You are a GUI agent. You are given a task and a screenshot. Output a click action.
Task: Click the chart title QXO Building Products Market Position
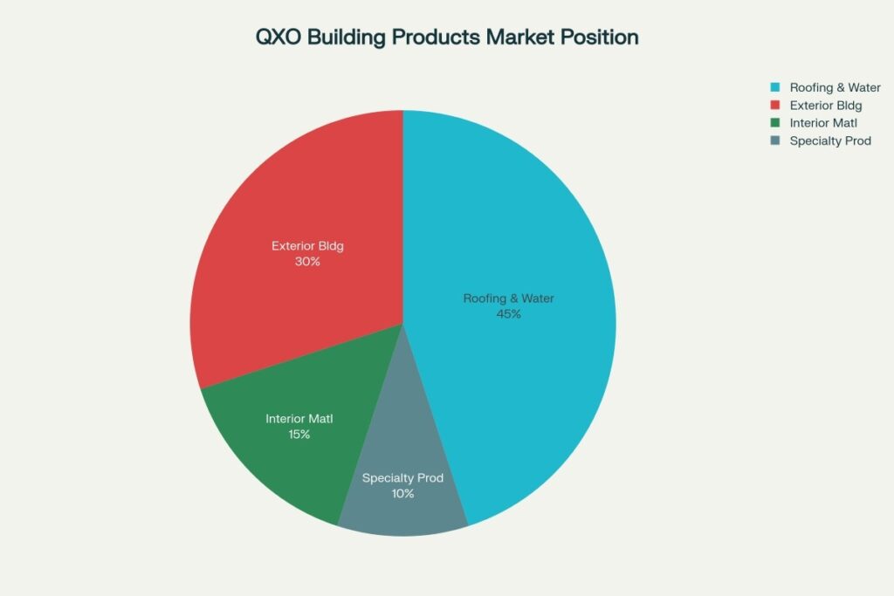tap(446, 38)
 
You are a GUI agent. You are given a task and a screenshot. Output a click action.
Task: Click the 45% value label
tap(508, 314)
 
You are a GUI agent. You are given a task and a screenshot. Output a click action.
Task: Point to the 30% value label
tap(307, 261)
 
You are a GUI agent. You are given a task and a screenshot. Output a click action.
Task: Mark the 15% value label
tap(299, 435)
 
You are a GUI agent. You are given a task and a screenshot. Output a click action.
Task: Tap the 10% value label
tap(402, 494)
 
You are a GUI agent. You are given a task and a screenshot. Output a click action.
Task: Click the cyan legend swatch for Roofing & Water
tap(774, 87)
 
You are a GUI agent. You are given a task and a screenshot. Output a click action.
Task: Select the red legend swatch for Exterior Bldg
tap(774, 106)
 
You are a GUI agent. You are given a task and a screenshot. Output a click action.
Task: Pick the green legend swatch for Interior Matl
tap(774, 123)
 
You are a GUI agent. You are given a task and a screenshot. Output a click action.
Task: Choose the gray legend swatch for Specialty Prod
tap(774, 140)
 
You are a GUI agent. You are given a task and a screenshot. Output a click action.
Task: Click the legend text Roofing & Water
tap(835, 87)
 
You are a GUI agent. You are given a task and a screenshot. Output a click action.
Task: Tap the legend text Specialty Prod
tap(830, 140)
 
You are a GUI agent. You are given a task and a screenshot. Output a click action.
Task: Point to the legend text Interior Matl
tap(822, 123)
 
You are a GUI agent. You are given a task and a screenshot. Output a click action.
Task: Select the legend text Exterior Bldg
tap(826, 106)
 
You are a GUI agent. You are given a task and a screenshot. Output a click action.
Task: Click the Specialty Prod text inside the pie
tap(402, 478)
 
